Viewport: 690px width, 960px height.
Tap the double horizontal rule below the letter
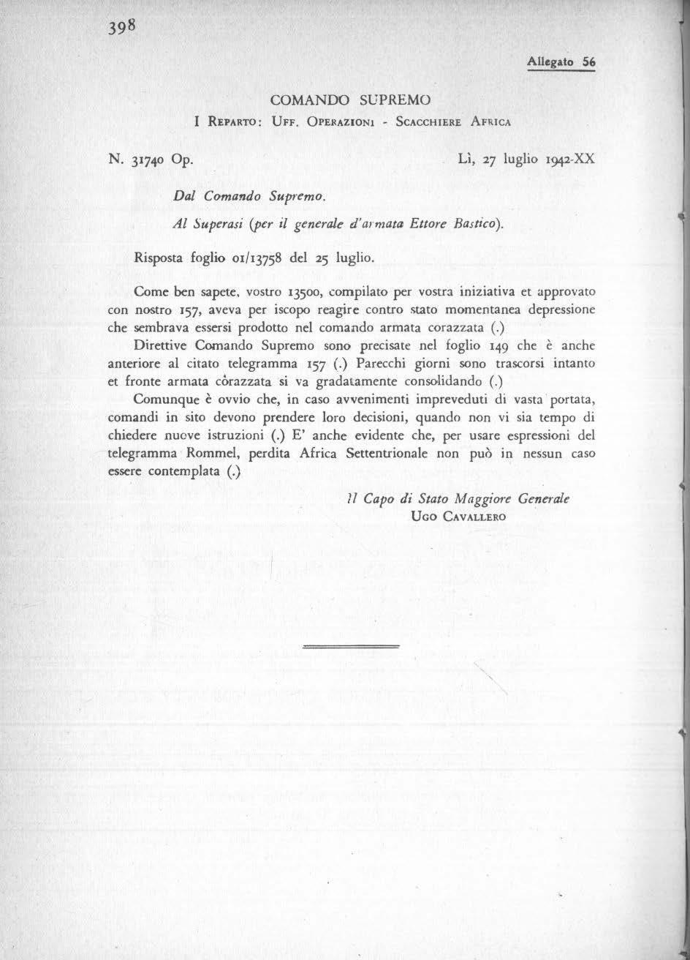pos(351,647)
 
